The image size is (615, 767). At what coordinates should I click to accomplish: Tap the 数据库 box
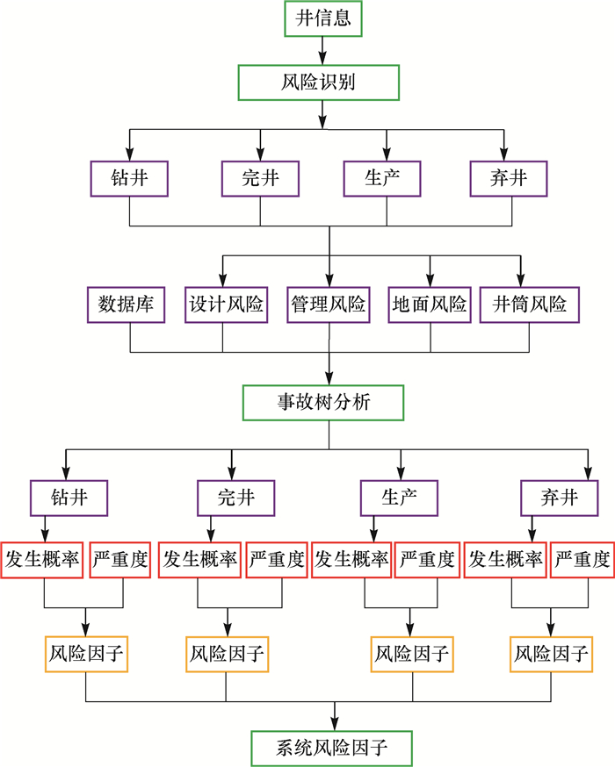coord(127,305)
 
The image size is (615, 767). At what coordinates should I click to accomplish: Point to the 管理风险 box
coord(329,305)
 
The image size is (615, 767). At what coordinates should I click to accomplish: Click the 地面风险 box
coord(430,305)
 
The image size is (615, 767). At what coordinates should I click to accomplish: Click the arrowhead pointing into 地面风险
coord(430,280)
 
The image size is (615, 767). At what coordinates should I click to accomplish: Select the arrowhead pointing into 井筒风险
coord(520,280)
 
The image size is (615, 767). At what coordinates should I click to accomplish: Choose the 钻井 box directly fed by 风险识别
coord(130,179)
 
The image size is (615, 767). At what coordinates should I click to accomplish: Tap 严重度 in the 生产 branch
coord(427,560)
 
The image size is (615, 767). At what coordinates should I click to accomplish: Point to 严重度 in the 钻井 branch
coord(120,560)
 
